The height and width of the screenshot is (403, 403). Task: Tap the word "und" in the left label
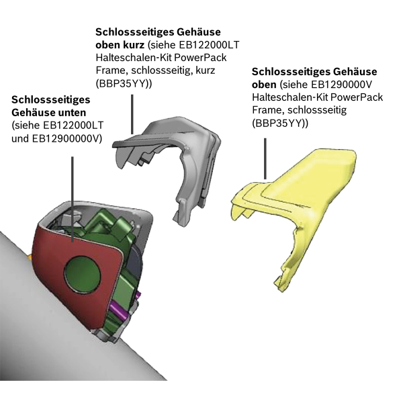coord(21,138)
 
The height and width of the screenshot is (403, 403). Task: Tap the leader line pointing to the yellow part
coord(265,159)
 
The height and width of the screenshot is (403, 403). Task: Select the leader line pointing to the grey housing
coord(132,114)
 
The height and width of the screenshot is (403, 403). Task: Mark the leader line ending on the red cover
coord(73,199)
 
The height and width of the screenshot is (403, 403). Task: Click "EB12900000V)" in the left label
coord(67,138)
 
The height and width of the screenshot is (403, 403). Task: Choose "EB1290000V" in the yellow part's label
coord(342,85)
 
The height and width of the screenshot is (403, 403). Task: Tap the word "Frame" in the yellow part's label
coord(268,110)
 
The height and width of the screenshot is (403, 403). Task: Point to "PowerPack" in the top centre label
coord(200,58)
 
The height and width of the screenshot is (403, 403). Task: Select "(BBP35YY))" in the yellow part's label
coord(280,124)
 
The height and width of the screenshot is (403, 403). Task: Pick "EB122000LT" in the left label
coord(73,126)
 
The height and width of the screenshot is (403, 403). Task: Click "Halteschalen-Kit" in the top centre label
coord(134,58)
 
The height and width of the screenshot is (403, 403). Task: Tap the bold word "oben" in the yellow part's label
coord(264,85)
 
